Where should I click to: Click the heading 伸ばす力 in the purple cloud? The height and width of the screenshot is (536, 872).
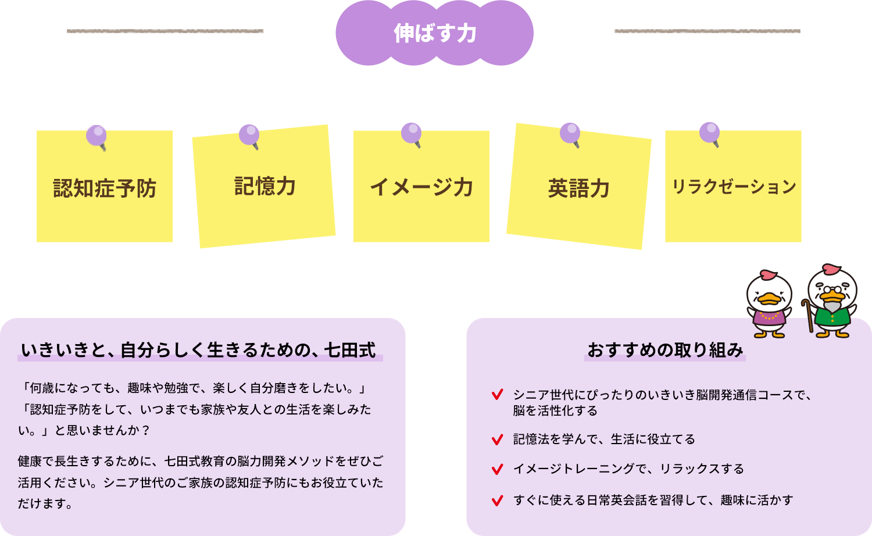click(435, 33)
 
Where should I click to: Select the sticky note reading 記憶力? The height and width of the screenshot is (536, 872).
click(265, 186)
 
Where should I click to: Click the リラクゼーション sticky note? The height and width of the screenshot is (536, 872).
click(733, 187)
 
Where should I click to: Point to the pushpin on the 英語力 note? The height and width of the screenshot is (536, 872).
click(570, 134)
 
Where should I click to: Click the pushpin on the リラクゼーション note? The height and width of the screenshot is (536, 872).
click(710, 133)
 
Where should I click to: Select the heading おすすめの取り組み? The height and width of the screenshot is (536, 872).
click(666, 350)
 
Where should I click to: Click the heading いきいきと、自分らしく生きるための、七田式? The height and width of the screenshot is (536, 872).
click(199, 350)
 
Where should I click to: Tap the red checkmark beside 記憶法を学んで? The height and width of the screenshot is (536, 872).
click(497, 439)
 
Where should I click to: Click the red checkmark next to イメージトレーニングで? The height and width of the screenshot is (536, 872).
click(497, 469)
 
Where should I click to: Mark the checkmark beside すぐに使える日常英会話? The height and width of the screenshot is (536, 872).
click(497, 500)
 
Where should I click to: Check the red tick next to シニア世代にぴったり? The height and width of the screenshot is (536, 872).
click(497, 395)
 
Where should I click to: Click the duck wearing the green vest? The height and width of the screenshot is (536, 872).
click(832, 302)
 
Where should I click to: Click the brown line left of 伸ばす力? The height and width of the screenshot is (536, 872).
click(166, 31)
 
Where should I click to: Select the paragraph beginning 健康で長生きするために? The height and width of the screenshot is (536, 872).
click(201, 482)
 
